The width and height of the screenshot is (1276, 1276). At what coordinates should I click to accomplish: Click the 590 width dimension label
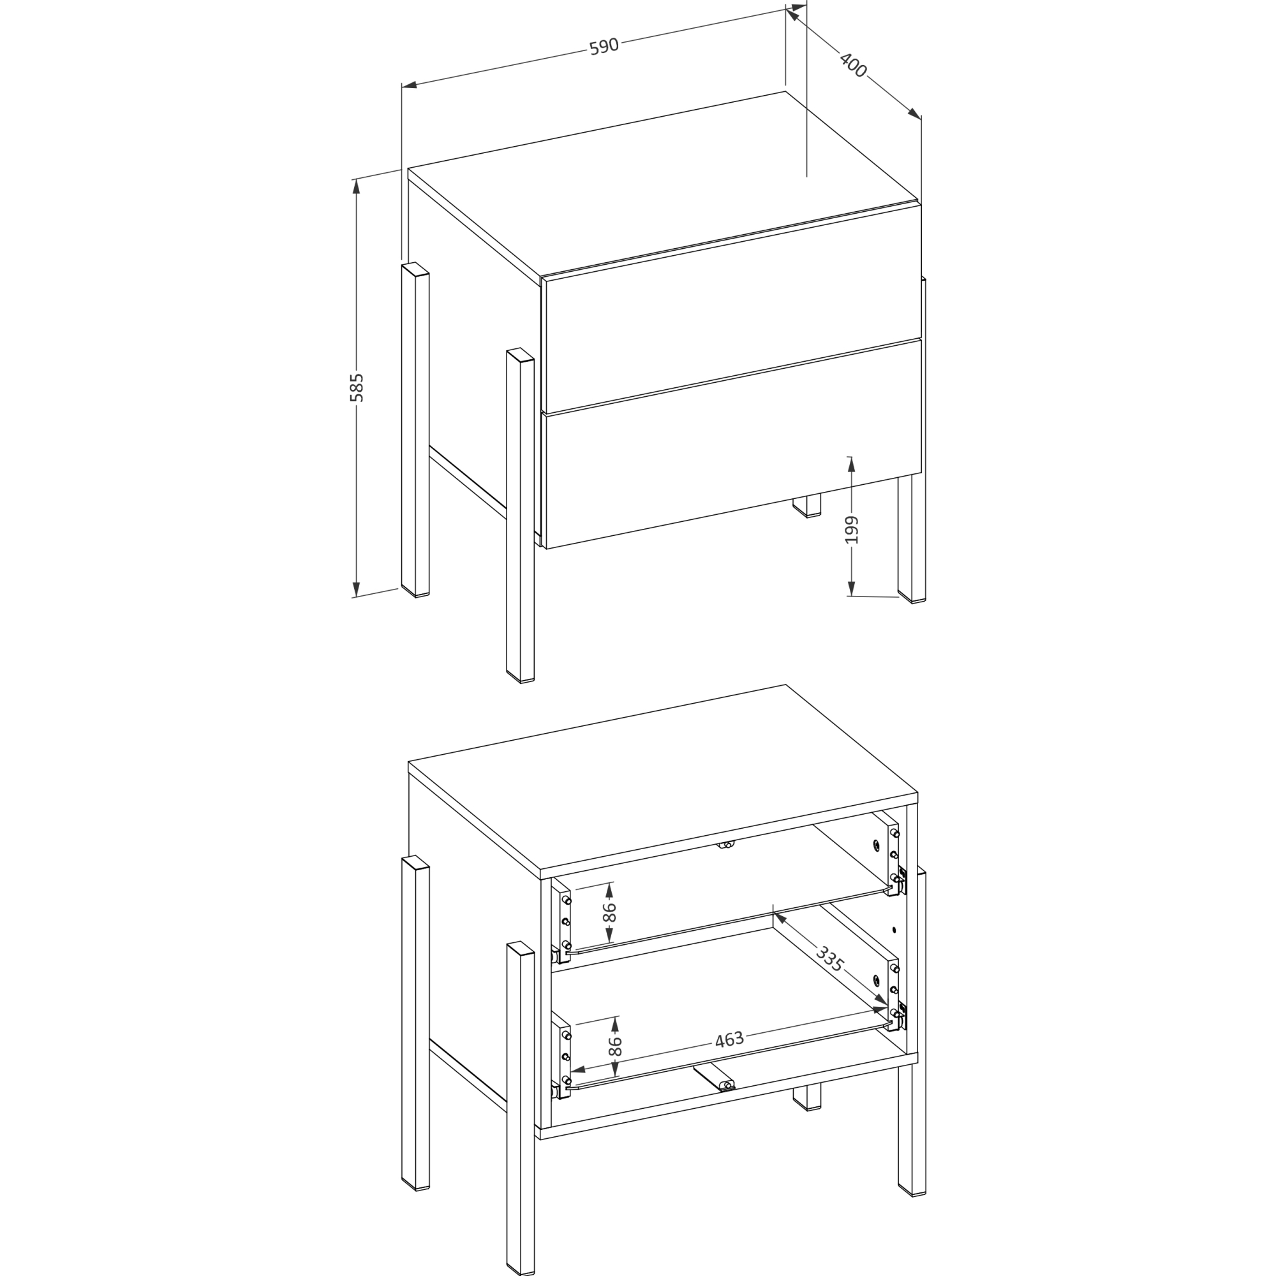tap(604, 46)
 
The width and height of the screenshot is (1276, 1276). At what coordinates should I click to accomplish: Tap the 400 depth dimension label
tap(852, 64)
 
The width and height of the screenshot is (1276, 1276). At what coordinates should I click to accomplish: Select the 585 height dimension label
tap(357, 388)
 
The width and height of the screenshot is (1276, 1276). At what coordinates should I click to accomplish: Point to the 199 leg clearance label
tap(852, 530)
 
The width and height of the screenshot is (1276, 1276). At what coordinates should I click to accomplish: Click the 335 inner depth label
tap(829, 959)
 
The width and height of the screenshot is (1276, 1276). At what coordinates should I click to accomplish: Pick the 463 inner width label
tap(729, 1039)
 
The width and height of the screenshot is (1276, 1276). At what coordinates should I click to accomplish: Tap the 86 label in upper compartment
tap(609, 912)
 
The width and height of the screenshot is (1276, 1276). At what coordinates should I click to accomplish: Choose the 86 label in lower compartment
tap(614, 1046)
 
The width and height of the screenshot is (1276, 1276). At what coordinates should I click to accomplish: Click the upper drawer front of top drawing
tap(732, 308)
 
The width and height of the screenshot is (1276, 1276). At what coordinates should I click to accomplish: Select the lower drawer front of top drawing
tap(732, 444)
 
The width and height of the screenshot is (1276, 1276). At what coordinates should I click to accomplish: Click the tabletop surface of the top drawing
tap(662, 184)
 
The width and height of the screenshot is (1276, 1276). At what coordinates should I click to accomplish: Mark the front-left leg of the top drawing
tap(521, 515)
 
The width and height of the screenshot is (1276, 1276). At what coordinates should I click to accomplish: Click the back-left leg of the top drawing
tap(415, 430)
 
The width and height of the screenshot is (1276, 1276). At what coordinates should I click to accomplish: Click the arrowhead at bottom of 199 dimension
tap(851, 589)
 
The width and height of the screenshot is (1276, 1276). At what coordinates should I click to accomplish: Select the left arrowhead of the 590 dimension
tap(409, 85)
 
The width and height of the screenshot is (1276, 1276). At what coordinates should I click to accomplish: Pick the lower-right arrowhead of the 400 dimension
tap(915, 114)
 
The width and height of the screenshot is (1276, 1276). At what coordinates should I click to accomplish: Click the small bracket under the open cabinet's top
tap(726, 845)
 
